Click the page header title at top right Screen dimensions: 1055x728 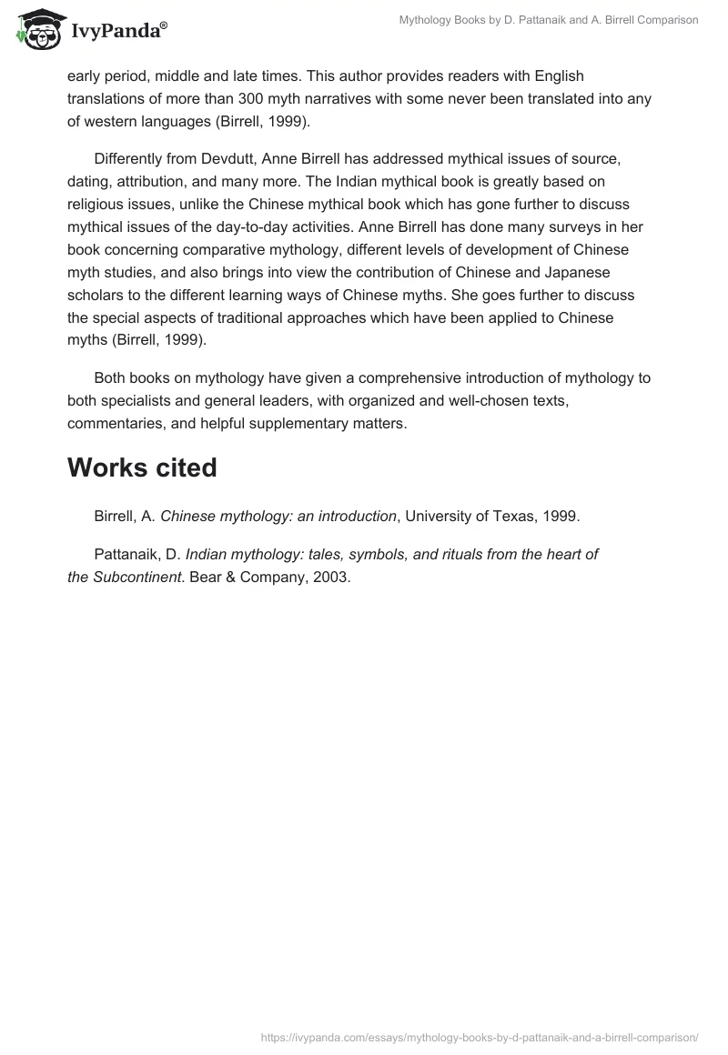point(549,20)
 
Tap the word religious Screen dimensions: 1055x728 point(102,203)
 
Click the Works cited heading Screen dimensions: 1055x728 point(142,467)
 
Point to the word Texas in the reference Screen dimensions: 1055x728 point(512,516)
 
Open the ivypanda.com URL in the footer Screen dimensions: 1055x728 point(480,1036)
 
